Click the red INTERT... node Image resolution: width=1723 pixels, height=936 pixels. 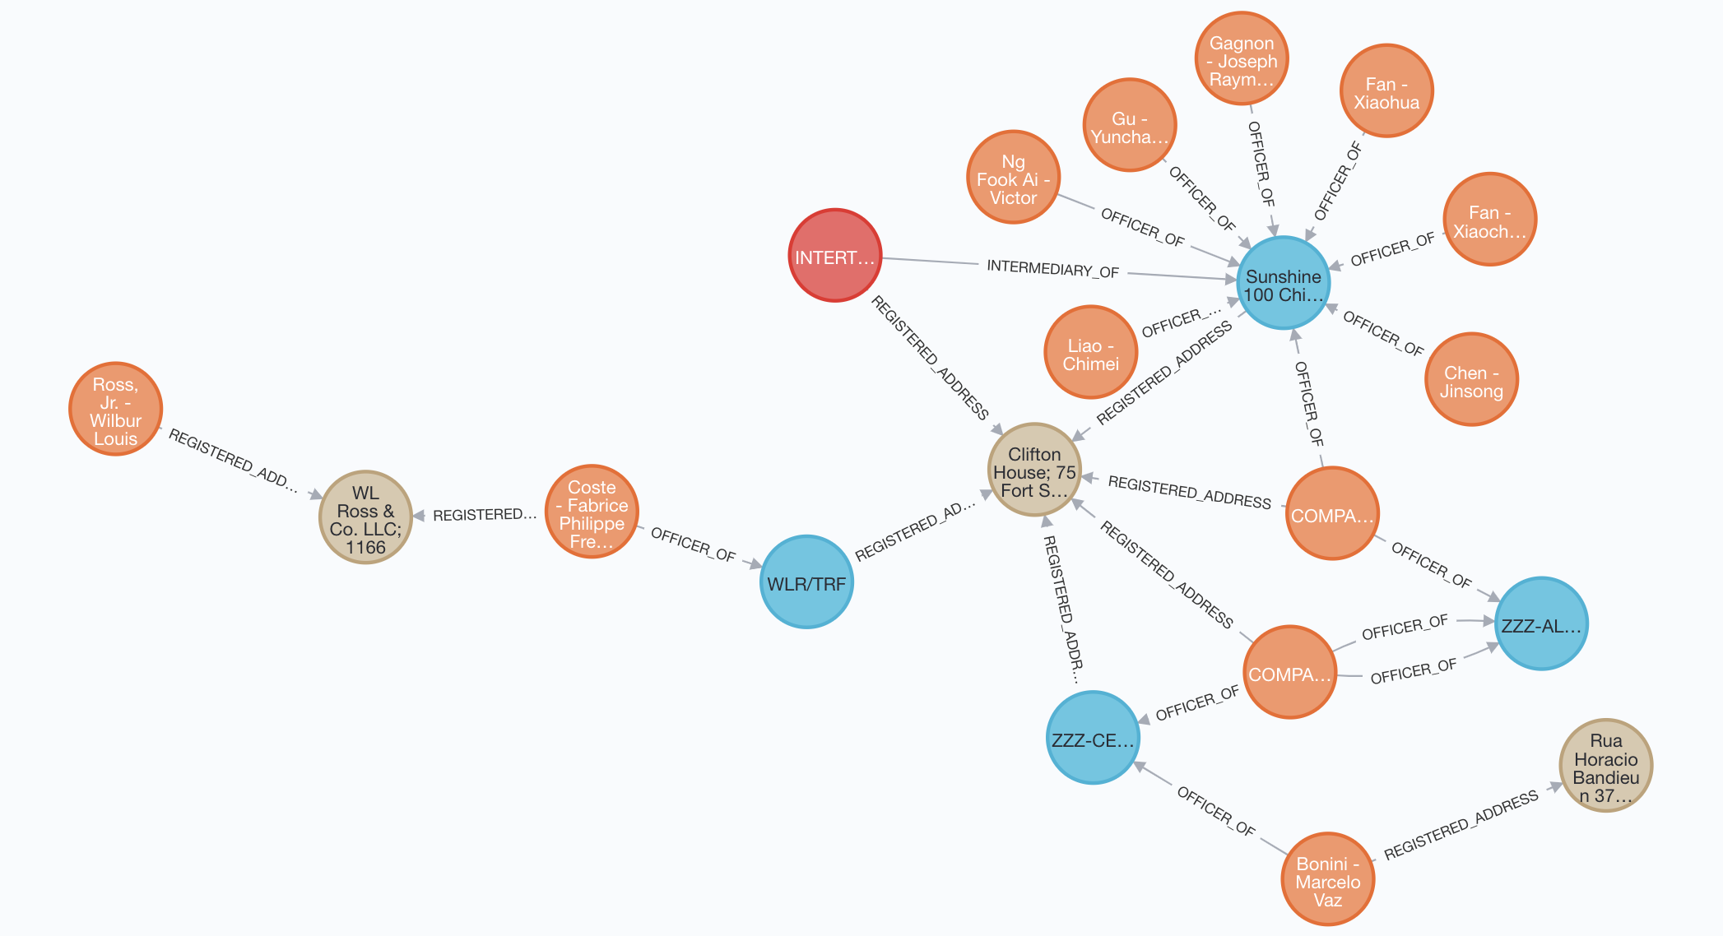[834, 256]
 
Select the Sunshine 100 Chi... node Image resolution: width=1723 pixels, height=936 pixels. [1283, 283]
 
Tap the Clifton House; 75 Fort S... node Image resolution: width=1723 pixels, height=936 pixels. [1034, 470]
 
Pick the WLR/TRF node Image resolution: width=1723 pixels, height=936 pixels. [806, 582]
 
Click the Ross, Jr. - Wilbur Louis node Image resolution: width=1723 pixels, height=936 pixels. [115, 409]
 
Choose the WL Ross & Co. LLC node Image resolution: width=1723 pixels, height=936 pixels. [365, 517]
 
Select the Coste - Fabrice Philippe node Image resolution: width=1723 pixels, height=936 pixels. [592, 512]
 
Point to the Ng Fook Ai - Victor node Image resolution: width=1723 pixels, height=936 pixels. [1013, 177]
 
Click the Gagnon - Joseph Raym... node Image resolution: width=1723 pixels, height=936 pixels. [1241, 58]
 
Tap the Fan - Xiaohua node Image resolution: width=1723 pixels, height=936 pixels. [1386, 90]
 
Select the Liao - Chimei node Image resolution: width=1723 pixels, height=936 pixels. [1090, 352]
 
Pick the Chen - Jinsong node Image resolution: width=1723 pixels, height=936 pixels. [1471, 379]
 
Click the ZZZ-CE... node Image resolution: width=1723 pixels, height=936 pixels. [1093, 738]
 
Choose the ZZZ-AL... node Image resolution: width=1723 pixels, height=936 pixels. [1540, 623]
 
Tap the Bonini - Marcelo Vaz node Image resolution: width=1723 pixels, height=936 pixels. [1327, 879]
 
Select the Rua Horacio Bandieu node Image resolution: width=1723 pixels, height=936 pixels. [1605, 766]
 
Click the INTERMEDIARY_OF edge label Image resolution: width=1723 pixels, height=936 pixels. [1052, 269]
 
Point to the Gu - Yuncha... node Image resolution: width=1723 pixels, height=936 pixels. [1129, 125]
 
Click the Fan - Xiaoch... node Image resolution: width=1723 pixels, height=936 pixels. [1489, 220]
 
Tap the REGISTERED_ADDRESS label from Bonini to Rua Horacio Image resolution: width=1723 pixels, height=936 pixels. [1461, 826]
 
